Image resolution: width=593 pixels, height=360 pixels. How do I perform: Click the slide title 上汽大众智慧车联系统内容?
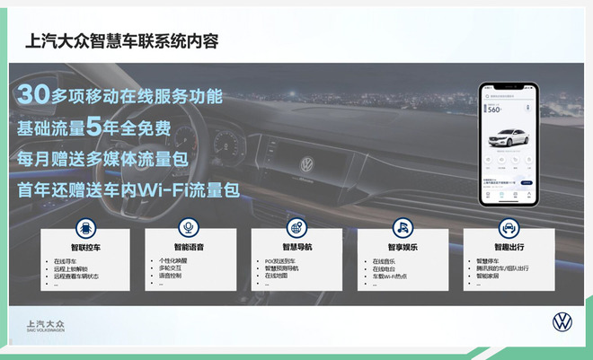point(123,41)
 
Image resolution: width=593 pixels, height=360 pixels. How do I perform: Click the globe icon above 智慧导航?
point(296,227)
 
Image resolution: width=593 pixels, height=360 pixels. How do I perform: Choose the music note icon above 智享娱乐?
point(402,227)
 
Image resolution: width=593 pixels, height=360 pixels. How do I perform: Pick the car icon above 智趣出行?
point(507,227)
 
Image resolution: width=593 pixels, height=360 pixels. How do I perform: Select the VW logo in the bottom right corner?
point(562,322)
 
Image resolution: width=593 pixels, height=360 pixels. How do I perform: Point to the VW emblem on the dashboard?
point(306,165)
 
